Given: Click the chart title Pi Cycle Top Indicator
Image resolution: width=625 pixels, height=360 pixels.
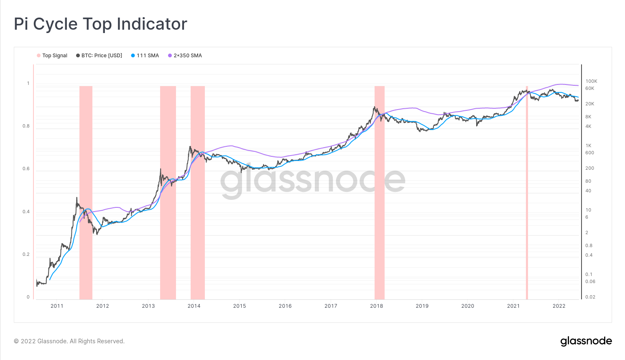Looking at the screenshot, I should point(100,24).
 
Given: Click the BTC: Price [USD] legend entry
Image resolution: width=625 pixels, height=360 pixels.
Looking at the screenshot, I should point(99,56).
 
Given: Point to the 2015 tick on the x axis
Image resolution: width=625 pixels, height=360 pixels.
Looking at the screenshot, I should point(240,306).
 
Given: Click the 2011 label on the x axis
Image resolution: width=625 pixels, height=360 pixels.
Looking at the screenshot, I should point(57,306).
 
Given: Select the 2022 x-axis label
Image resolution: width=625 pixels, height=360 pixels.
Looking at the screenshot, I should point(559,306).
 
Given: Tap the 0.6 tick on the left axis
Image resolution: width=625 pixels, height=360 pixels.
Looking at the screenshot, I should point(26,169).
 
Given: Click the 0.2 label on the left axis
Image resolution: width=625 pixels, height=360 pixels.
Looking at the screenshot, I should point(26,255).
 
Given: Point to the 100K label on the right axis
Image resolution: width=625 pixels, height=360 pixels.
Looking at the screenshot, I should point(591,82).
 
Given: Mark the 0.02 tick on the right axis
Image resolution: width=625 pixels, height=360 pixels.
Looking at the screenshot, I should point(590,297).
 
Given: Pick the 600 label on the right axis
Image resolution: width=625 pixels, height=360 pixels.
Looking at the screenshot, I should point(589,153).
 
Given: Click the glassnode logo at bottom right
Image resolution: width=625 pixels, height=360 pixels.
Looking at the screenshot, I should point(586,341).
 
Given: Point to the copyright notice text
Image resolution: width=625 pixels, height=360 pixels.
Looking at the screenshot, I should point(69,341).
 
